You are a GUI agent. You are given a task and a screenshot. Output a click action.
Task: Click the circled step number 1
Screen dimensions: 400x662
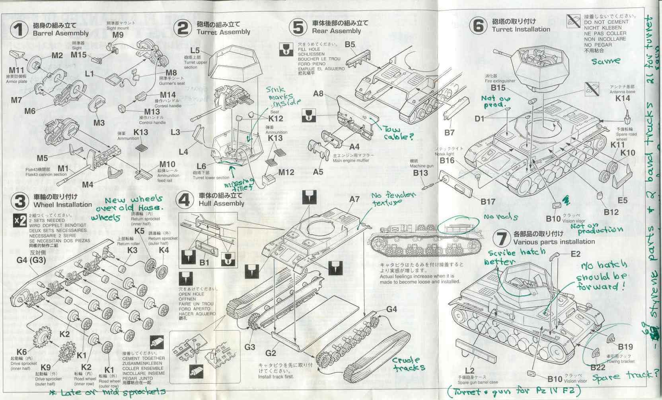[x=18, y=30]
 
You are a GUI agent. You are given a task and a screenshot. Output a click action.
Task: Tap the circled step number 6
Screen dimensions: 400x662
[x=478, y=26]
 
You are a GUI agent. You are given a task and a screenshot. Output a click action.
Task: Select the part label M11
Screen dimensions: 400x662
[x=16, y=71]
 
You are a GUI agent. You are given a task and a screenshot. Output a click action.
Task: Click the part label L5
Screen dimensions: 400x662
[x=195, y=51]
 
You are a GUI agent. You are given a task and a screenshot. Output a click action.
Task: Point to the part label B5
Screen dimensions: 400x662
[x=350, y=45]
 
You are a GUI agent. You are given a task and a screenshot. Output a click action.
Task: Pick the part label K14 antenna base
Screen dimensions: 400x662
[x=623, y=98]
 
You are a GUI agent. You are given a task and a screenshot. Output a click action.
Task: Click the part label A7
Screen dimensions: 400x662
[x=354, y=199]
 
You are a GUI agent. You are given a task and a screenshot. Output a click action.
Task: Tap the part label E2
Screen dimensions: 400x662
[x=575, y=254]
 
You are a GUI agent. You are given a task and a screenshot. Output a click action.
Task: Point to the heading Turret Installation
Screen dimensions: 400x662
[x=521, y=29]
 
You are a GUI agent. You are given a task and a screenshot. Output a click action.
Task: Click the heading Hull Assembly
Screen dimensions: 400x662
[x=221, y=203]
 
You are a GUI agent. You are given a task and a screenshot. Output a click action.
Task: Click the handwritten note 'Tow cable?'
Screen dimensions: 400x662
[x=398, y=133]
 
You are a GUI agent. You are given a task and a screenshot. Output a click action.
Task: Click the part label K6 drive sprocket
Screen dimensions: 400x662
[x=22, y=352]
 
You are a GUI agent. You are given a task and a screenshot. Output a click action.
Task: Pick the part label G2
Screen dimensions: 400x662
[x=271, y=353]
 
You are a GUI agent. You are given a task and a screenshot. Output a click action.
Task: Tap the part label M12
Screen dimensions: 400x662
[x=286, y=172]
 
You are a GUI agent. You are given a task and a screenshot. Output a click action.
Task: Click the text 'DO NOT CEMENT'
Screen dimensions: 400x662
[x=606, y=22]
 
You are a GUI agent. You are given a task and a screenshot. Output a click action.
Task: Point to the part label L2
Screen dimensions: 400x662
[x=469, y=371]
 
